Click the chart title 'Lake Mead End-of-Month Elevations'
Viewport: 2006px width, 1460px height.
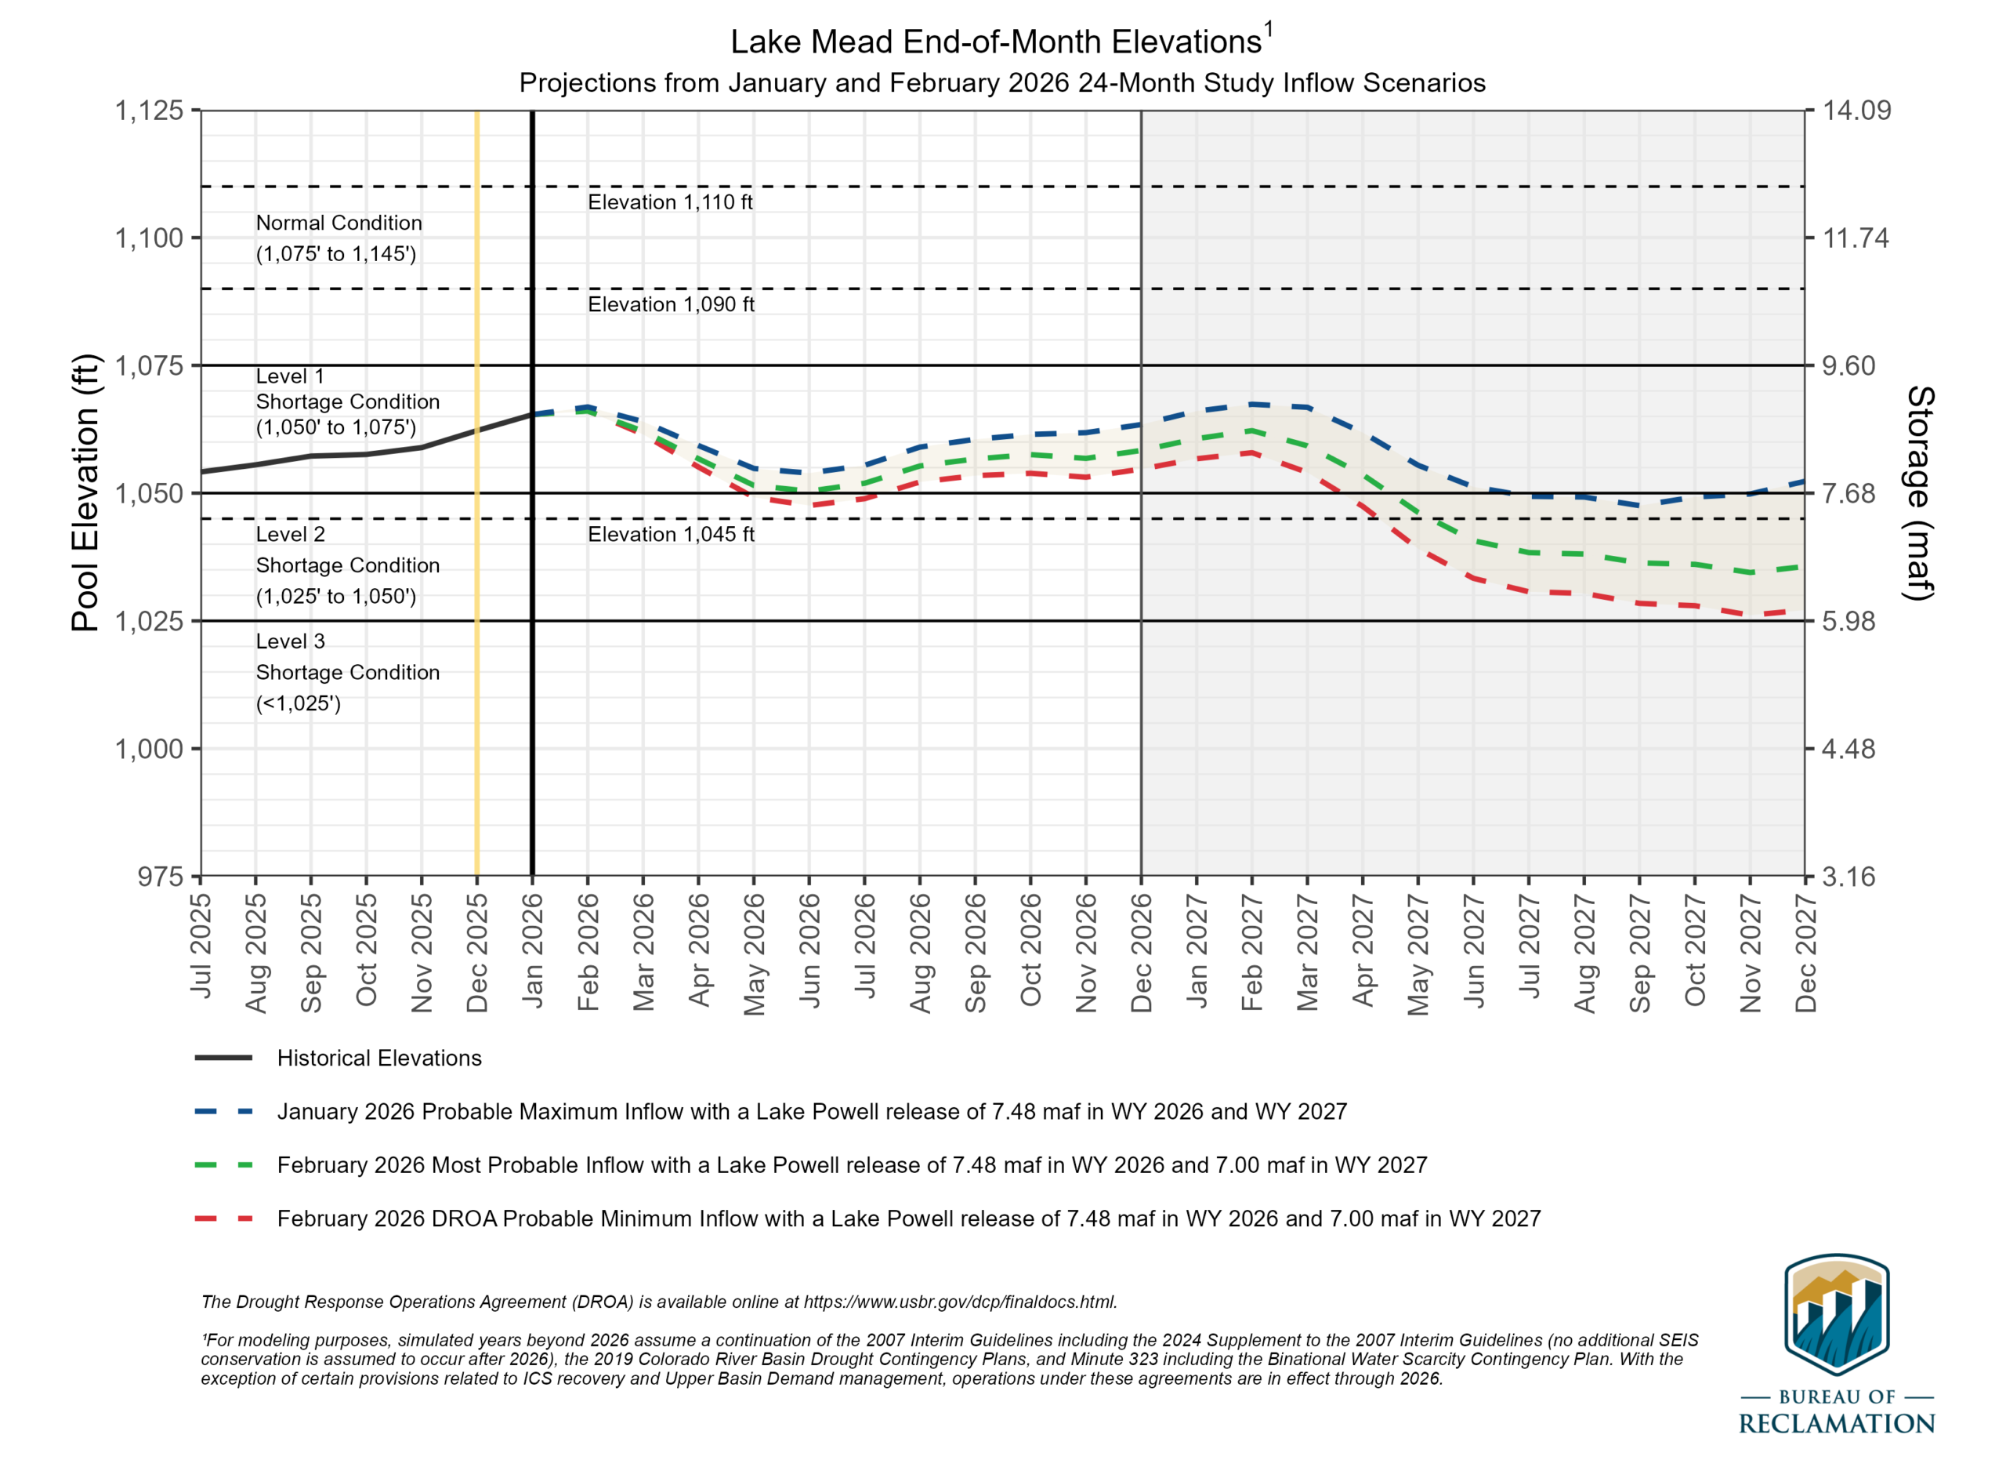[x=996, y=42]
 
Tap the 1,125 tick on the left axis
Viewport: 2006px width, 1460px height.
[x=150, y=111]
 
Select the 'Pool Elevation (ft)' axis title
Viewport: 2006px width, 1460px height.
[x=85, y=493]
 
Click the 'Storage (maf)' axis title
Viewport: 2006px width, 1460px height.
[x=1921, y=493]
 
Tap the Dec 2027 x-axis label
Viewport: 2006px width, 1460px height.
[x=1805, y=952]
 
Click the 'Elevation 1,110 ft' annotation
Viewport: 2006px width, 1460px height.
[x=671, y=202]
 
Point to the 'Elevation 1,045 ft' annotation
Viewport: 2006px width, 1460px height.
[x=672, y=535]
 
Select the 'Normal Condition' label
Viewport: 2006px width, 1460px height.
[x=339, y=223]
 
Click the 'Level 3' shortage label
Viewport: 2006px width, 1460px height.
[x=290, y=641]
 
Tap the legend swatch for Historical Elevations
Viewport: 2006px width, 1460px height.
[x=224, y=1059]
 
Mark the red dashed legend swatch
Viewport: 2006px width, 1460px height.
[x=224, y=1218]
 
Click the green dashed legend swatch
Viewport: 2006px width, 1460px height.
[x=224, y=1165]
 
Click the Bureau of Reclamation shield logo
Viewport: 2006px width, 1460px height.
[x=1837, y=1315]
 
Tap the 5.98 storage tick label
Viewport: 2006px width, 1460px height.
[x=1848, y=621]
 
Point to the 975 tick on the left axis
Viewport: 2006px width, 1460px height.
[x=160, y=877]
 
